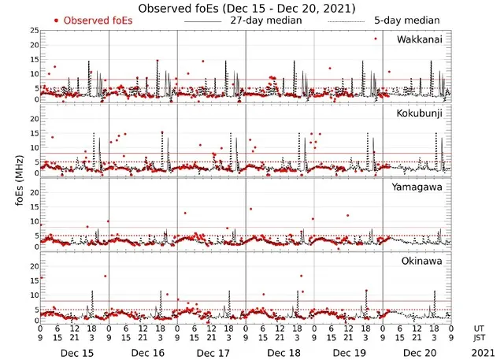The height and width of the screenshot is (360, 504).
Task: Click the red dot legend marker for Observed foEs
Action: (x=56, y=20)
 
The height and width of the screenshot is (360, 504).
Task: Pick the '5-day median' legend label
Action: (x=402, y=20)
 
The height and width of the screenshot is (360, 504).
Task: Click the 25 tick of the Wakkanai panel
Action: (x=32, y=31)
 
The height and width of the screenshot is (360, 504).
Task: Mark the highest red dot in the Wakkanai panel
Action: (x=376, y=39)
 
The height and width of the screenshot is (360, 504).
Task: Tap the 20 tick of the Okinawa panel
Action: (x=32, y=266)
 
